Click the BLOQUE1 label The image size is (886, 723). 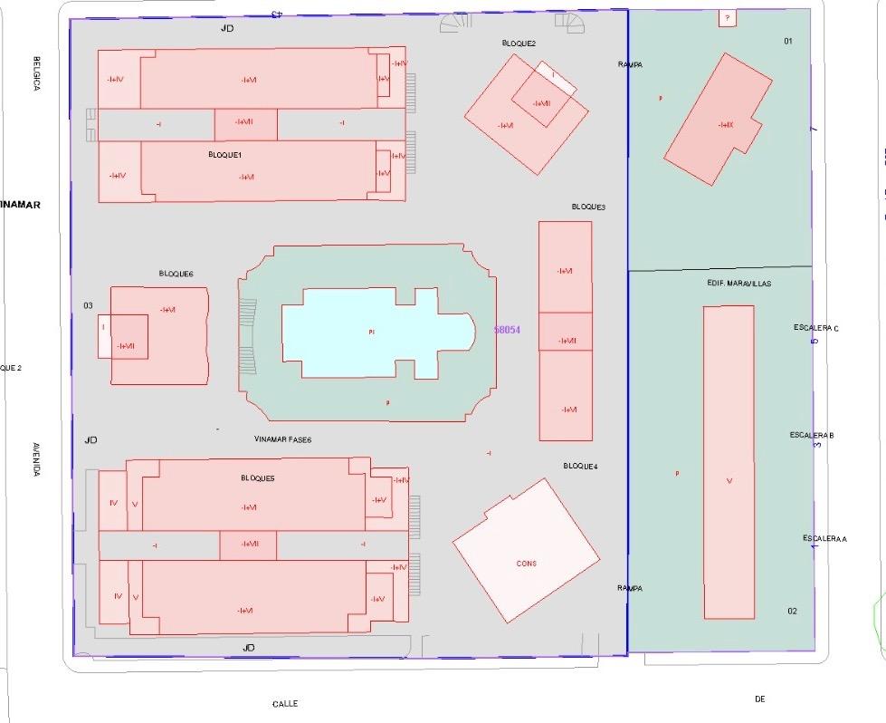pyautogui.click(x=224, y=155)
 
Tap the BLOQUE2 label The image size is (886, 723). pyautogui.click(x=519, y=43)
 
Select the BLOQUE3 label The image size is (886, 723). pyautogui.click(x=588, y=207)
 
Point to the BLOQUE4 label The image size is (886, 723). pyautogui.click(x=580, y=466)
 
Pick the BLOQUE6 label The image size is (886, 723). pyautogui.click(x=176, y=274)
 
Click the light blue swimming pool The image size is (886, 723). pyautogui.click(x=371, y=333)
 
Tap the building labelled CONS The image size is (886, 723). pyautogui.click(x=526, y=563)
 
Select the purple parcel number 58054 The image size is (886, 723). pyautogui.click(x=508, y=330)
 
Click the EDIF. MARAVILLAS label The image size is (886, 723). pyautogui.click(x=738, y=284)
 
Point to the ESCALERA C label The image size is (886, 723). pyautogui.click(x=815, y=328)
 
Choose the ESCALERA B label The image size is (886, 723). pyautogui.click(x=811, y=436)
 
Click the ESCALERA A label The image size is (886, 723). pyautogui.click(x=824, y=539)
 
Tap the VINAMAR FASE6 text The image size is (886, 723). pyautogui.click(x=282, y=439)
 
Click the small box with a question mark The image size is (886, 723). pyautogui.click(x=727, y=17)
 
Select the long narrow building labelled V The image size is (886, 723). pyautogui.click(x=729, y=462)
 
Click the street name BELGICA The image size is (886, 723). pyautogui.click(x=37, y=73)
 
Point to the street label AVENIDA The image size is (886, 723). pyautogui.click(x=36, y=459)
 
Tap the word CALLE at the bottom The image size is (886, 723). pyautogui.click(x=285, y=703)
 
